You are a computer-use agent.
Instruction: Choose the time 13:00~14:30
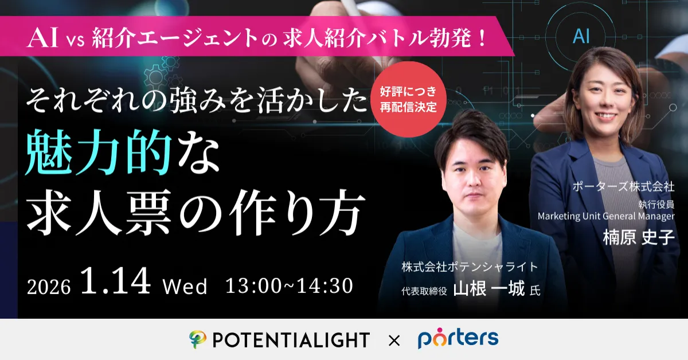pyautogui.click(x=289, y=285)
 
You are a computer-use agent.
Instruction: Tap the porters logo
pyautogui.click(x=458, y=338)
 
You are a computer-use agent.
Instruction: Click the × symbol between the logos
pyautogui.click(x=394, y=341)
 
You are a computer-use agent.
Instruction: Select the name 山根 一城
pyautogui.click(x=489, y=289)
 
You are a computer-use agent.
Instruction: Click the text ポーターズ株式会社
pyautogui.click(x=623, y=186)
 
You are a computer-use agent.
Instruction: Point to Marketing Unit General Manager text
pyautogui.click(x=606, y=216)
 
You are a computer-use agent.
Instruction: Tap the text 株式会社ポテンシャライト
pyautogui.click(x=470, y=267)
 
